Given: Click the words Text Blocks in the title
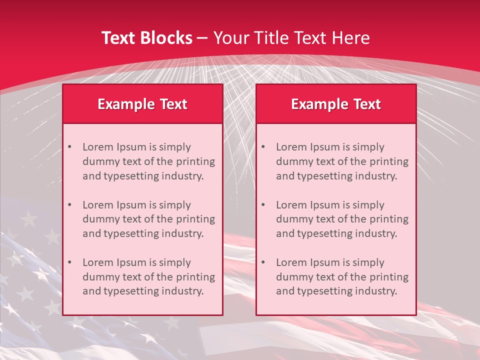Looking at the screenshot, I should click(146, 38).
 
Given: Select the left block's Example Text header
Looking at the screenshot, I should click(142, 104).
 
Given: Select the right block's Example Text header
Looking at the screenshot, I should click(336, 104).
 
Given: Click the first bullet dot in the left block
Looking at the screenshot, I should click(70, 147).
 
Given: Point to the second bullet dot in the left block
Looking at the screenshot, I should click(70, 205).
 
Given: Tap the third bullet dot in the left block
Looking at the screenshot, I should click(70, 262).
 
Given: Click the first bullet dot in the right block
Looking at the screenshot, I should click(263, 147).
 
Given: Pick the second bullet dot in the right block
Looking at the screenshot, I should click(263, 205).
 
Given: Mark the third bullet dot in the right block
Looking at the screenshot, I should click(263, 262).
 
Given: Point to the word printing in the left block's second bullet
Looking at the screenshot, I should click(195, 219).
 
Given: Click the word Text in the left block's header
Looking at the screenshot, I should click(173, 104).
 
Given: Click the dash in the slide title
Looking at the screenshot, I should click(203, 38).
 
